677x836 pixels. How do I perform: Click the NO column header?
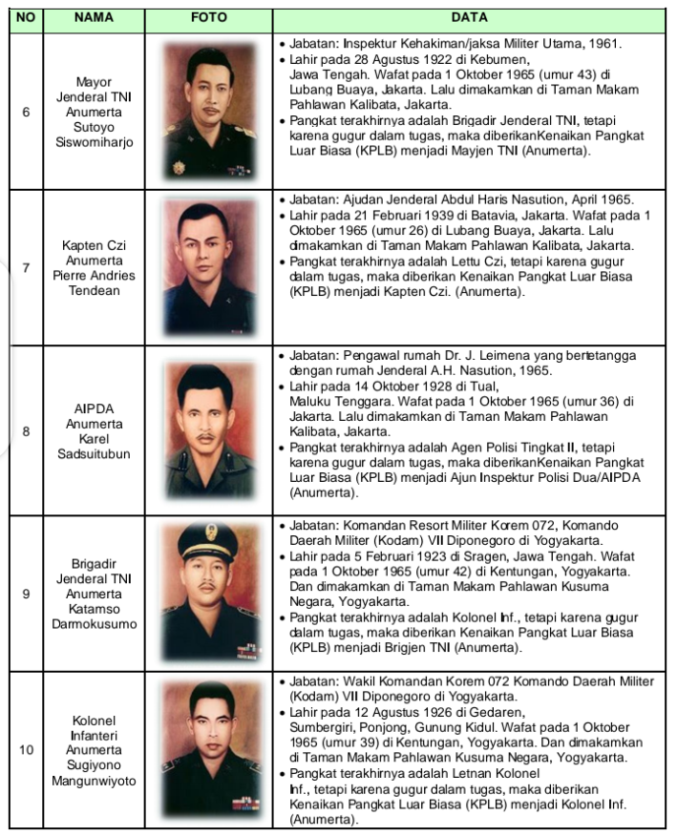(x=26, y=18)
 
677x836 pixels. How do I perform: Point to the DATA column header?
(x=470, y=18)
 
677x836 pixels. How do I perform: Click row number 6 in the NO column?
(x=26, y=112)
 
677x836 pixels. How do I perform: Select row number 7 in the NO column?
(x=26, y=268)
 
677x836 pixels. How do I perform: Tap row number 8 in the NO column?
(x=26, y=430)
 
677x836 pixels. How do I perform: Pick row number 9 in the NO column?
(x=26, y=594)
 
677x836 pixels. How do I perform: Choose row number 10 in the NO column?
(x=26, y=750)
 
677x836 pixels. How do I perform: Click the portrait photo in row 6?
(x=208, y=112)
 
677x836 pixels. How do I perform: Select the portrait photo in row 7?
(x=208, y=268)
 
